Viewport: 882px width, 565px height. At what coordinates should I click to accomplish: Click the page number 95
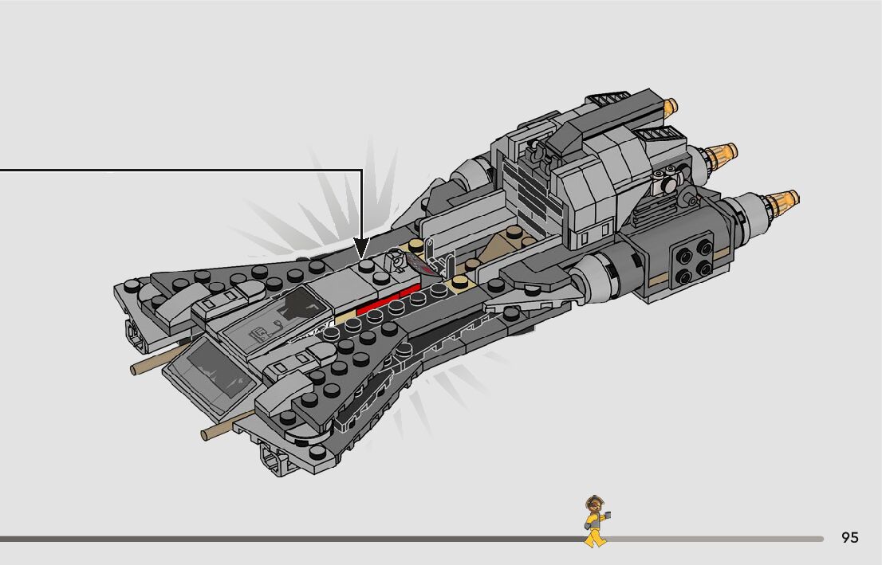[850, 538]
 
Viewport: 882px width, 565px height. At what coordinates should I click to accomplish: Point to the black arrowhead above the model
[362, 245]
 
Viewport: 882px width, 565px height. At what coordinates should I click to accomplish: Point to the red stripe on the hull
[387, 300]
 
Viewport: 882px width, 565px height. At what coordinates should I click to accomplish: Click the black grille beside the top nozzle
[608, 101]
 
